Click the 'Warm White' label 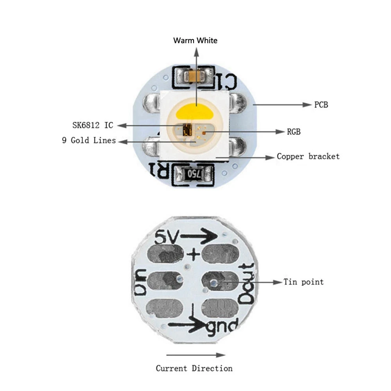[195, 40]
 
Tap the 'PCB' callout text [321, 105]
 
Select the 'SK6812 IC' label [93, 125]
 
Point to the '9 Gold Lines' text [89, 140]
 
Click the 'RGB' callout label [294, 132]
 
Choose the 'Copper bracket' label [308, 156]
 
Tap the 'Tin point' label [303, 282]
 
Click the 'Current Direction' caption [194, 368]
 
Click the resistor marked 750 [194, 174]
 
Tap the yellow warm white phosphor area [195, 111]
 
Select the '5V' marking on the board [167, 237]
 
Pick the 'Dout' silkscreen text [246, 284]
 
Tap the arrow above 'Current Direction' [196, 355]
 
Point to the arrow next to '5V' [199, 236]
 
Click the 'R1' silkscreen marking [159, 170]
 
